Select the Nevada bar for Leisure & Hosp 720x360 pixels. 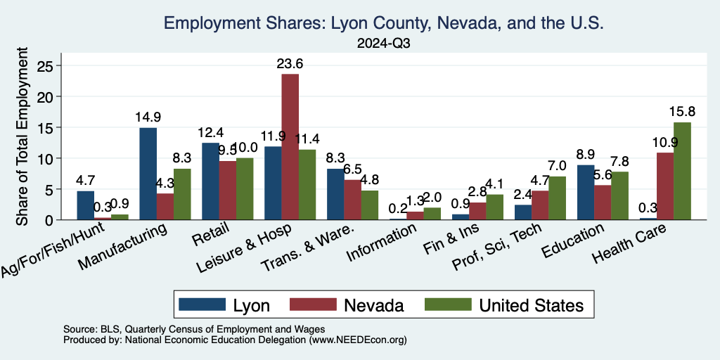(x=290, y=147)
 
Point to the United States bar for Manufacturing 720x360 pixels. (x=182, y=194)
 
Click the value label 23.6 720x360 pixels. (x=290, y=64)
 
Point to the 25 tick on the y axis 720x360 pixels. (x=53, y=65)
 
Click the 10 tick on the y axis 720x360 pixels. (x=53, y=158)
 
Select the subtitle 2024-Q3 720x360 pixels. (x=383, y=44)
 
